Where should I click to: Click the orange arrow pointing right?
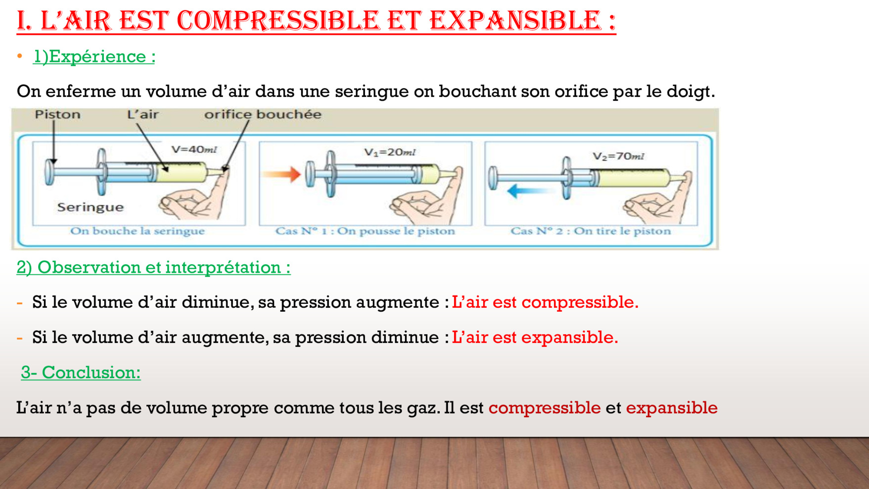tap(281, 174)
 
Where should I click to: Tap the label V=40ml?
tap(194, 149)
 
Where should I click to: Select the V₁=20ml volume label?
tap(390, 152)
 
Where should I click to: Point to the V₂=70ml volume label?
tap(618, 156)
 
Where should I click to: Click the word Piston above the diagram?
tap(57, 114)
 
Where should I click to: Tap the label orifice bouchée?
tap(263, 114)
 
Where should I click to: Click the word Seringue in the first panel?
tap(90, 207)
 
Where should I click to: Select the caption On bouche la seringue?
tap(137, 231)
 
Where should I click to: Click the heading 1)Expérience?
tap(94, 56)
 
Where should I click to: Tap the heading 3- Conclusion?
tap(81, 372)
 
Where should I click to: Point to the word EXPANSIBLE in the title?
tap(515, 21)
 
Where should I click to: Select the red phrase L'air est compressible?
tap(545, 302)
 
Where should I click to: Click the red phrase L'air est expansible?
tap(535, 337)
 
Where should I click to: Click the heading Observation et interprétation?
tap(164, 267)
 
